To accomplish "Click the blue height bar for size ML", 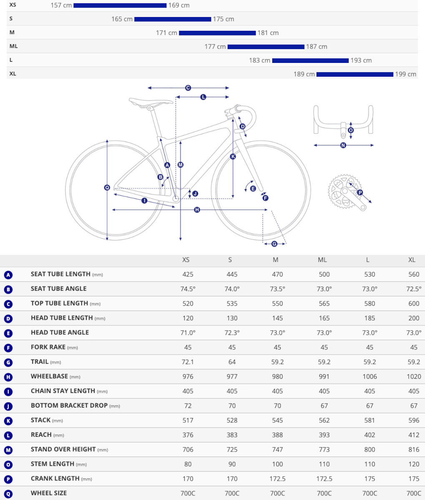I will point(266,47).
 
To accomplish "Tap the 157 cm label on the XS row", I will point(61,5).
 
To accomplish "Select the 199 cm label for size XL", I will point(406,74).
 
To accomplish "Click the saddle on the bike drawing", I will point(150,101).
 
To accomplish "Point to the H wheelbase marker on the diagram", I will point(197,210).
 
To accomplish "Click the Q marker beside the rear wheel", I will point(107,188).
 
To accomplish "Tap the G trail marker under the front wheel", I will point(274,244).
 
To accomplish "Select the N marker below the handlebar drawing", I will point(343,145).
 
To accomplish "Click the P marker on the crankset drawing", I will point(360,192).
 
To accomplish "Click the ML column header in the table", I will point(322,260).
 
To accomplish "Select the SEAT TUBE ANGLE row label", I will point(59,289).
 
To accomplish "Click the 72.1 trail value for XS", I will point(188,362).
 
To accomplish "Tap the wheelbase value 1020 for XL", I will point(413,377).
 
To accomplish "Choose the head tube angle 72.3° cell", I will point(232,333).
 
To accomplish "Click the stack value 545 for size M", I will point(277,420).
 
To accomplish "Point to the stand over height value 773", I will point(324,450).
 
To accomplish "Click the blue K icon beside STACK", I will point(8,421).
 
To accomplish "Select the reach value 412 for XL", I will point(413,435).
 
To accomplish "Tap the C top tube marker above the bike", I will point(188,88).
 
